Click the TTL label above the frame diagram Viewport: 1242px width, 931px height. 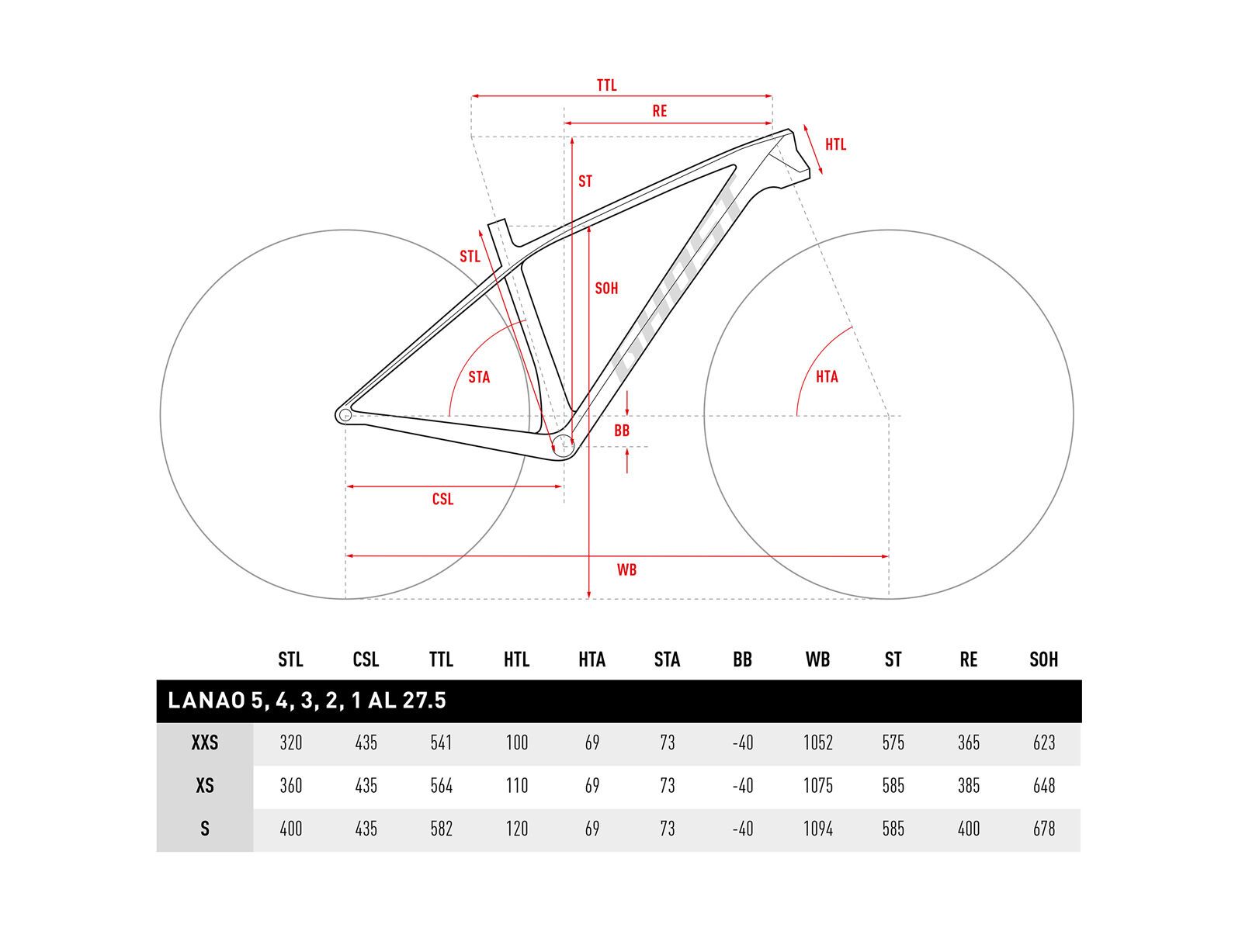[x=606, y=85]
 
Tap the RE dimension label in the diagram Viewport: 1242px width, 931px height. [x=659, y=111]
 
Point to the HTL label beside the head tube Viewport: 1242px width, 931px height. [x=835, y=144]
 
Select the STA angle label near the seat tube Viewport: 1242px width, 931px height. [x=479, y=377]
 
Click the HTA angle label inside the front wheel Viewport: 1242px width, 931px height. [x=827, y=376]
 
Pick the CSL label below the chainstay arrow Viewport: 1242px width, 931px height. [x=442, y=499]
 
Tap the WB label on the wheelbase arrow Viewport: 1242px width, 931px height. [x=626, y=569]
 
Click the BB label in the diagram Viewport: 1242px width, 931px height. [x=622, y=431]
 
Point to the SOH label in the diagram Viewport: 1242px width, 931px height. [x=606, y=289]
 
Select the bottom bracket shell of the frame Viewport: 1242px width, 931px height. [x=563, y=446]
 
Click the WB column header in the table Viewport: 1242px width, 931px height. [x=817, y=659]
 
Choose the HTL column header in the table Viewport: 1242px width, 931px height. [x=516, y=659]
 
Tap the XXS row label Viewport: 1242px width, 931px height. [x=205, y=743]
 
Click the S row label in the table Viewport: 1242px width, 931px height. [x=205, y=829]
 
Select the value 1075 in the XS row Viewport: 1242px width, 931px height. [x=817, y=786]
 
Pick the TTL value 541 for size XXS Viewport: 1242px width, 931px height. [x=441, y=743]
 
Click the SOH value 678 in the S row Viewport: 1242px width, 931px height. [x=1044, y=829]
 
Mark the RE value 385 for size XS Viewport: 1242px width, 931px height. [x=968, y=786]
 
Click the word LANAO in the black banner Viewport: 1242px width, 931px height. [x=206, y=701]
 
